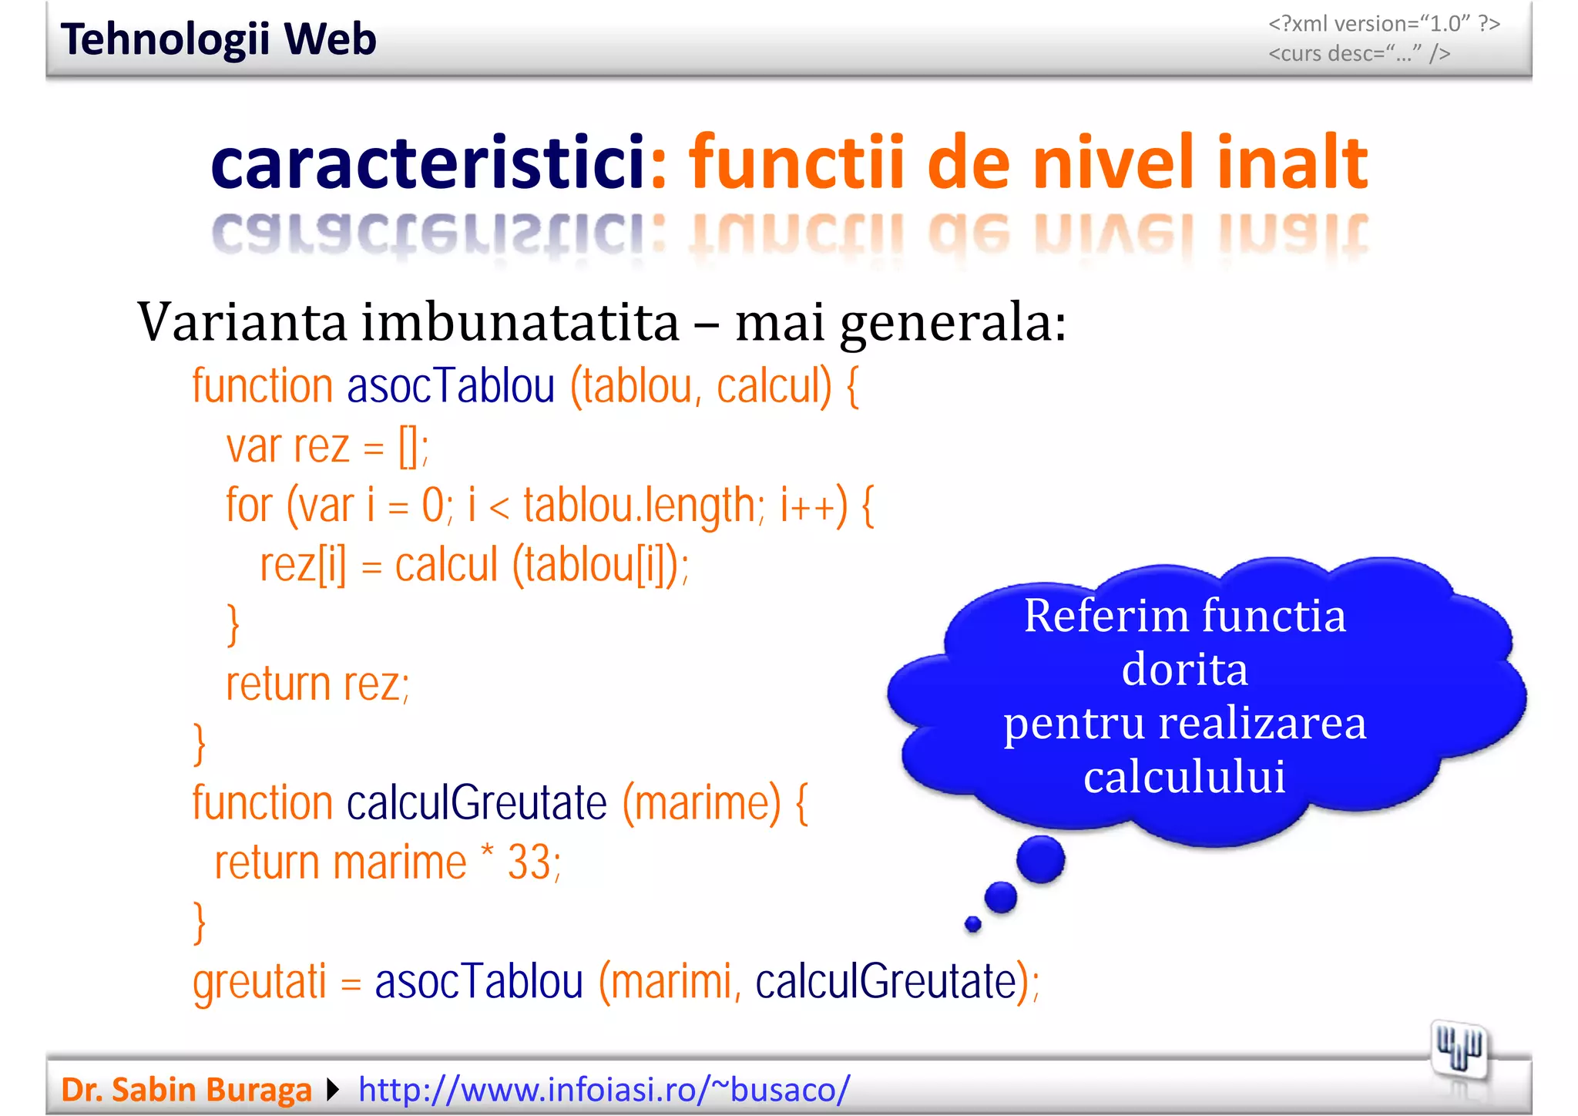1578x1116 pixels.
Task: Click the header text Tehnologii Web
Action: click(218, 39)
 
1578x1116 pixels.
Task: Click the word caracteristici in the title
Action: click(428, 163)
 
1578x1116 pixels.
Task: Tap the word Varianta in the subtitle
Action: click(242, 322)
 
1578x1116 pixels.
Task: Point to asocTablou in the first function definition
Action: click(451, 386)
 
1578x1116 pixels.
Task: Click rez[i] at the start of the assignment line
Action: click(303, 565)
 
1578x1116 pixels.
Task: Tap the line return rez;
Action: click(317, 684)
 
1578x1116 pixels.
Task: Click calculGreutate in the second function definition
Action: click(477, 803)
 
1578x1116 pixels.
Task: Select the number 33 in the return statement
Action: click(529, 862)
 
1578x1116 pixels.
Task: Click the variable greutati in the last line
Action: click(260, 983)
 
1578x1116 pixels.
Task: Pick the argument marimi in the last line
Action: click(670, 983)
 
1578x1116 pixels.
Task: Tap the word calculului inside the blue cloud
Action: click(1184, 777)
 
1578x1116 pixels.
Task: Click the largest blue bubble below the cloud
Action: click(1040, 859)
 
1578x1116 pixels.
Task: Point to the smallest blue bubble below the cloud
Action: click(973, 923)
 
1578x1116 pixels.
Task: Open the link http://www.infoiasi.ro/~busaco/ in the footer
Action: click(604, 1090)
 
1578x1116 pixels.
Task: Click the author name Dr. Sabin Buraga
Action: click(186, 1090)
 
